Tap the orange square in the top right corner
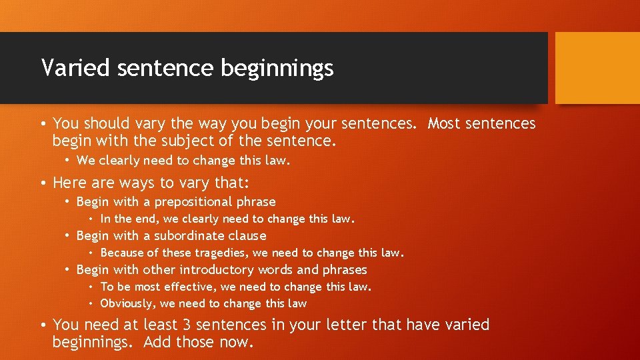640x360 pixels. tap(597, 68)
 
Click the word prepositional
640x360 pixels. tap(193, 202)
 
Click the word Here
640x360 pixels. tap(69, 183)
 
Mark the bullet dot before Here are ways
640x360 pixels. tap(42, 183)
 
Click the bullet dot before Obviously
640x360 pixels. tap(91, 304)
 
